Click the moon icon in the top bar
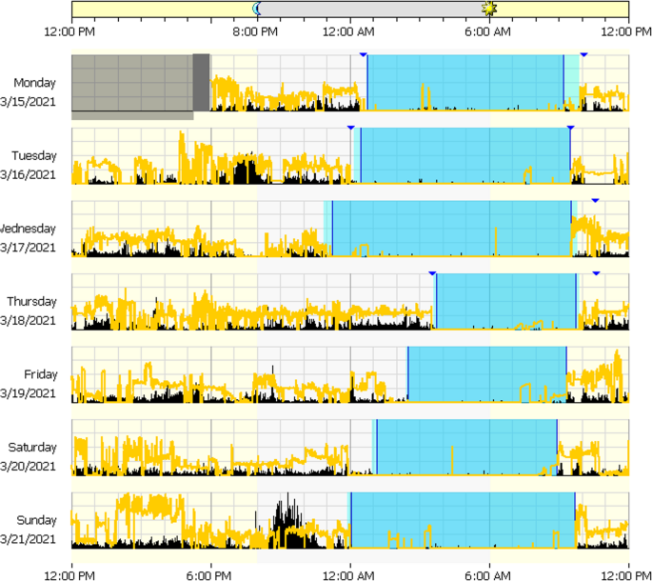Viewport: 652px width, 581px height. [x=257, y=9]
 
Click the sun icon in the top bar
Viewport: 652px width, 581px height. [x=489, y=9]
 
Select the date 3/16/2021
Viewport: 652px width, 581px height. [x=29, y=174]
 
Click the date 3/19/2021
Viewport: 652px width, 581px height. [x=29, y=392]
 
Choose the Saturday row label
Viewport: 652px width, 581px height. [x=33, y=447]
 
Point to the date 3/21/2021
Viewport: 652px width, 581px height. [x=29, y=539]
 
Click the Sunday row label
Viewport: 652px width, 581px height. [x=37, y=520]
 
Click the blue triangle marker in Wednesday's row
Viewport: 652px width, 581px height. [x=595, y=200]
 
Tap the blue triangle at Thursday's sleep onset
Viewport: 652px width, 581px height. [x=432, y=273]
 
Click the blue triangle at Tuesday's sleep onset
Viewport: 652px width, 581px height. [x=350, y=127]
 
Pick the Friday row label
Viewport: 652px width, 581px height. [x=41, y=374]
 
